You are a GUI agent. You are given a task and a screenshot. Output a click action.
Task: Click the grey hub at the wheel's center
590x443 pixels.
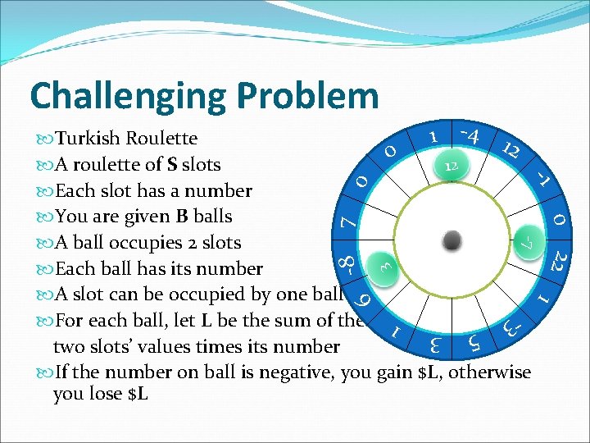tap(452, 241)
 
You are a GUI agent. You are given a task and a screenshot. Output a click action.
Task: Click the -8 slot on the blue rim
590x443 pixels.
tap(345, 264)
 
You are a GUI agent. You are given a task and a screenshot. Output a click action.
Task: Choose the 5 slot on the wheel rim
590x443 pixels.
tap(474, 340)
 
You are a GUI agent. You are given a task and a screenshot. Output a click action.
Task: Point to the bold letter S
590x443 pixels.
tap(173, 165)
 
